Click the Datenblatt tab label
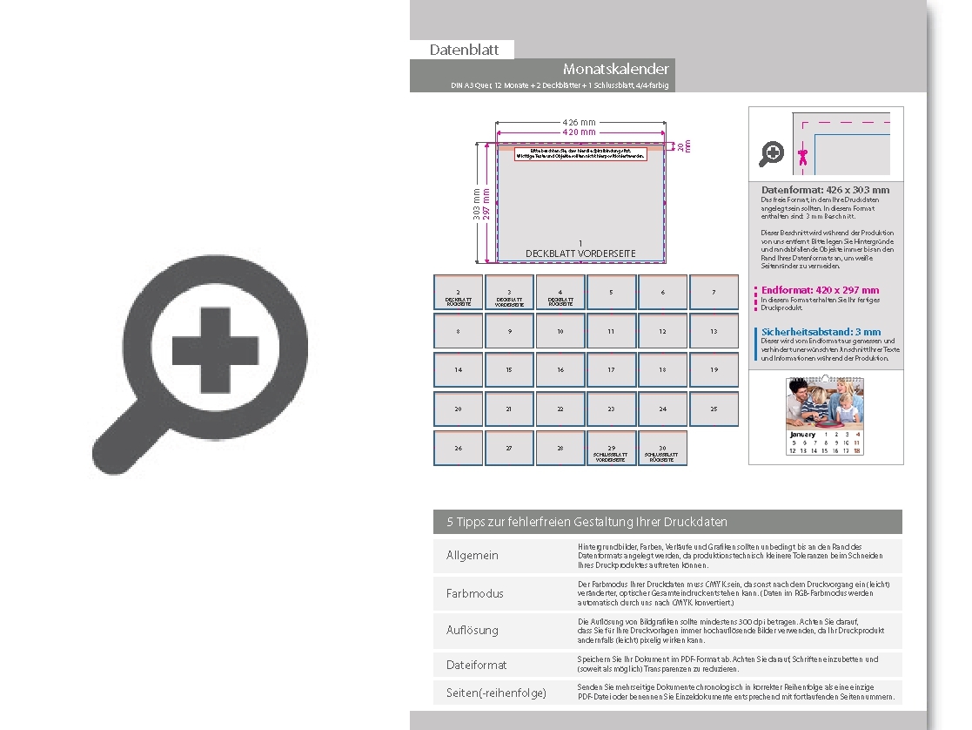pyautogui.click(x=464, y=51)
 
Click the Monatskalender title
pyautogui.click(x=615, y=69)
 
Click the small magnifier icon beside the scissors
pyautogui.click(x=771, y=155)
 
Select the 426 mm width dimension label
pyautogui.click(x=580, y=122)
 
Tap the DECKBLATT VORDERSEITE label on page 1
pyautogui.click(x=580, y=253)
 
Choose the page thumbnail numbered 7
pyautogui.click(x=714, y=293)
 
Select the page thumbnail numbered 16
pyautogui.click(x=560, y=370)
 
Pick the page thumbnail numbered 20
pyautogui.click(x=458, y=409)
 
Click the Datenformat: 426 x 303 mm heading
pyautogui.click(x=825, y=190)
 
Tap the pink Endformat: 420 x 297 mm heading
pyautogui.click(x=820, y=290)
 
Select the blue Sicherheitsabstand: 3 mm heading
pyautogui.click(x=821, y=332)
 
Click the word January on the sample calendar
pyautogui.click(x=802, y=434)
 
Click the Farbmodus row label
pyautogui.click(x=475, y=593)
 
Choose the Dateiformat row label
pyautogui.click(x=476, y=665)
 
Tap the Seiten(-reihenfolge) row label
pyautogui.click(x=496, y=693)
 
